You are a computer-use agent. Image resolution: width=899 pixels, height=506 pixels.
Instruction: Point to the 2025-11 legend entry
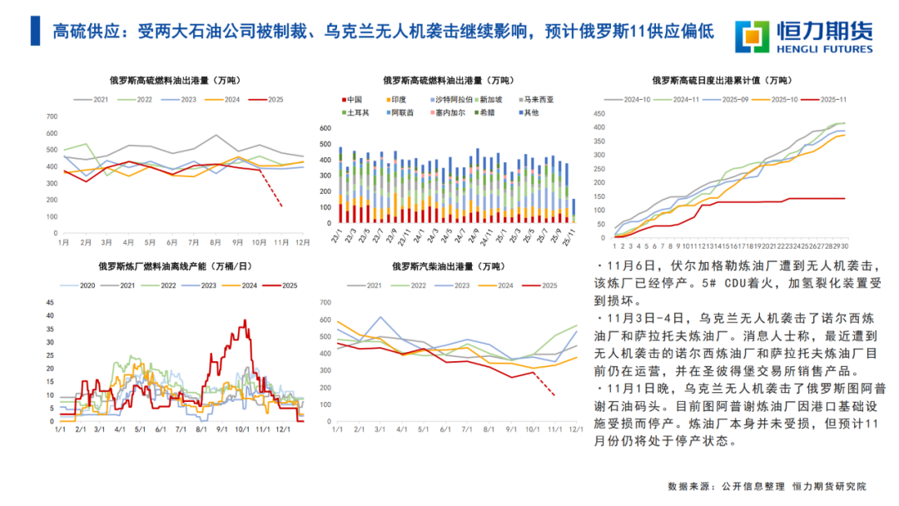(x=832, y=99)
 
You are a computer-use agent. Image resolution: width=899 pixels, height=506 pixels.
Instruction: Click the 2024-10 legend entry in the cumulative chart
(x=633, y=99)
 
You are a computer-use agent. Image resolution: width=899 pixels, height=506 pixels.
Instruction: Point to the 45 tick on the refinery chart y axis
(x=49, y=303)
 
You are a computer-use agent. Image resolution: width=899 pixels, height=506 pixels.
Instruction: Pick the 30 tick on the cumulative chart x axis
(x=845, y=246)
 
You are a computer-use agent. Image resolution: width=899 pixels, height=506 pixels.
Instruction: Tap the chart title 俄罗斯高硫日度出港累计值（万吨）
(x=721, y=81)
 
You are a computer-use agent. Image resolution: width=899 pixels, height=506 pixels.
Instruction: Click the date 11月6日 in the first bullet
(x=633, y=266)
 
